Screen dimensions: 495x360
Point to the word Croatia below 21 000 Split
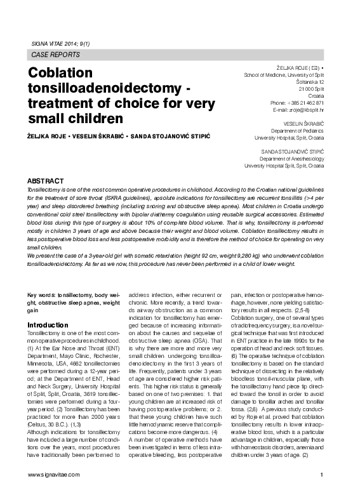315,96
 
